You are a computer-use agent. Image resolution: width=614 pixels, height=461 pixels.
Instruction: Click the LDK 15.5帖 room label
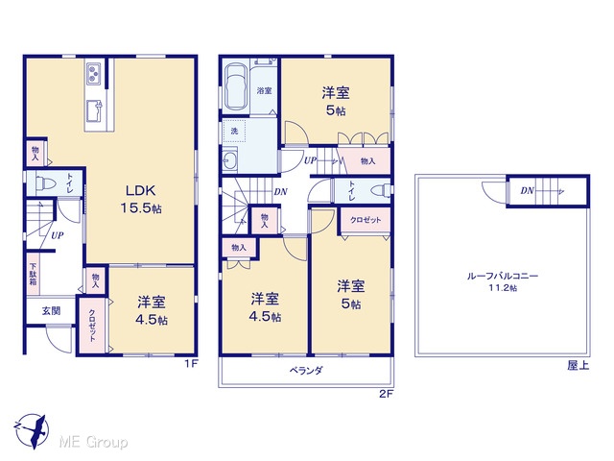141,200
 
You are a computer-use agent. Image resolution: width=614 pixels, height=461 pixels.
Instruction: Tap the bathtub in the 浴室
235,87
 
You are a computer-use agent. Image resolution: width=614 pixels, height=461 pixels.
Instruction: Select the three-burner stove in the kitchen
94,74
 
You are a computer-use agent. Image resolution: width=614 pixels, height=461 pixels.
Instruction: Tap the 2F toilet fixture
381,191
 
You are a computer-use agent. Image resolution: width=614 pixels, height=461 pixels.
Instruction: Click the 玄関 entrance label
51,311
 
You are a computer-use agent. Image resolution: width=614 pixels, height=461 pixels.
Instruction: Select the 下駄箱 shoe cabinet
34,274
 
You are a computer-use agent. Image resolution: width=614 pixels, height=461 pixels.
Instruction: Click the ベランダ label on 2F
306,370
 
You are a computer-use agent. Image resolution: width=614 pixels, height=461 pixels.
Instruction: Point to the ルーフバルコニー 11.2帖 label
503,281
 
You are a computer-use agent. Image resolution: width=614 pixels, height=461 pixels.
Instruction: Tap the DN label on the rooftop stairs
527,191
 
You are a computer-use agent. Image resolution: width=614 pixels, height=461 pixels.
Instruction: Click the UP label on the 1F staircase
58,235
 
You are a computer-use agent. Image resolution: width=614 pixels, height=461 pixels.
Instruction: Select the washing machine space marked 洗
234,131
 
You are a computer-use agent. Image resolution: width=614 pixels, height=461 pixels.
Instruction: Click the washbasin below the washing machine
230,160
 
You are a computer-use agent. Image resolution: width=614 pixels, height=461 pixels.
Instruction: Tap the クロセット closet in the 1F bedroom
92,326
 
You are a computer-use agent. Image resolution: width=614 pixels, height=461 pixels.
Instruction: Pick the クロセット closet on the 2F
366,220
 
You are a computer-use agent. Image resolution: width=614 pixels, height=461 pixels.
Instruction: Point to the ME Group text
93,442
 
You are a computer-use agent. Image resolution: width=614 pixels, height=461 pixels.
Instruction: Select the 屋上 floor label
578,365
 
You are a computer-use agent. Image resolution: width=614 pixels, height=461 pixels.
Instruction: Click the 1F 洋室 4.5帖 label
152,311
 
